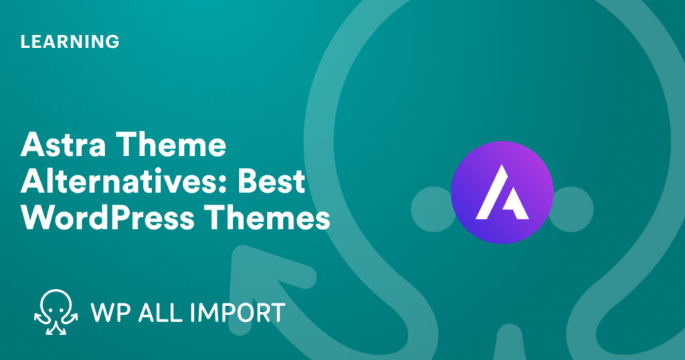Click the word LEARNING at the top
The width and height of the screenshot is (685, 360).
[x=70, y=41]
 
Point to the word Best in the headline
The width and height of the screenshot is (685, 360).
[x=270, y=182]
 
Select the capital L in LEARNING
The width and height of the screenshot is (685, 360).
[x=25, y=41]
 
